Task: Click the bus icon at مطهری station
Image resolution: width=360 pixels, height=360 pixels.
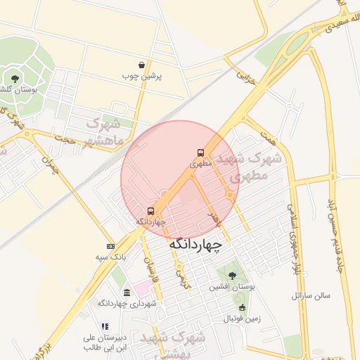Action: [x=201, y=153]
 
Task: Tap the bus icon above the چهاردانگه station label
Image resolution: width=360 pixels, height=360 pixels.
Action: [x=151, y=211]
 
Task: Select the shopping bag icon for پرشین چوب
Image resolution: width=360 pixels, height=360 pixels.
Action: [x=142, y=65]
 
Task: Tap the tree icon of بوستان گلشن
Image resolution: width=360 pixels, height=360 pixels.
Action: [x=13, y=78]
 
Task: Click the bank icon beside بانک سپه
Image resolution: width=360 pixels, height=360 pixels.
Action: [x=110, y=246]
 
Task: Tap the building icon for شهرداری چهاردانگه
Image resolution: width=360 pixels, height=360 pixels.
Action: [x=127, y=292]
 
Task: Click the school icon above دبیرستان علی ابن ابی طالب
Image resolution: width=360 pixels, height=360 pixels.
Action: [x=105, y=326]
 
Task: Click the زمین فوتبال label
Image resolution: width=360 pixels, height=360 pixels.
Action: [x=242, y=319]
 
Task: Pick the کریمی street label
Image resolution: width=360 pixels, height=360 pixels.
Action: [x=182, y=276]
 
